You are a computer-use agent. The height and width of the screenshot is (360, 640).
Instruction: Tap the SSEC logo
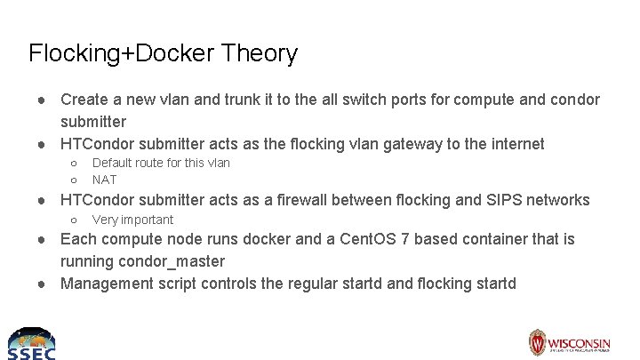point(31,342)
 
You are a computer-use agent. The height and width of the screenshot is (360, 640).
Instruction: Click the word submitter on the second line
point(93,122)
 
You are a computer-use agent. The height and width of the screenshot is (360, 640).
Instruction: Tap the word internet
point(515,144)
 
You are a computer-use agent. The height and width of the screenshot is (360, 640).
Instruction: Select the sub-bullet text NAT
point(104,179)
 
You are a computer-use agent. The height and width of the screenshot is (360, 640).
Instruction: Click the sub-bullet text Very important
point(132,220)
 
